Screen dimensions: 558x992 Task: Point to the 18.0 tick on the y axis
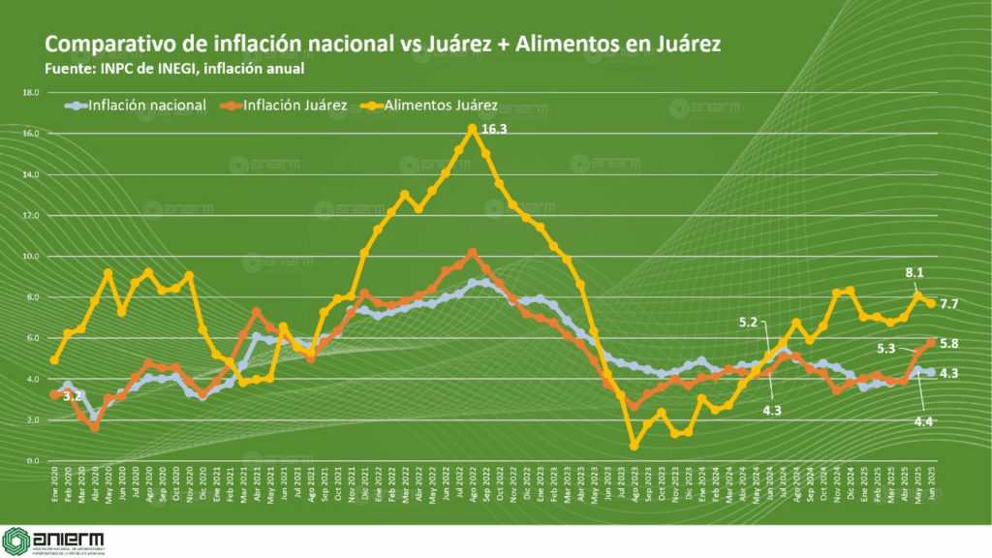tap(31, 93)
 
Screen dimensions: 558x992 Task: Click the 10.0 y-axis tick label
tap(31, 257)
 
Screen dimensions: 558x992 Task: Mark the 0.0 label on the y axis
tap(32, 461)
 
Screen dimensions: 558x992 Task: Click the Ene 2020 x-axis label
tap(54, 478)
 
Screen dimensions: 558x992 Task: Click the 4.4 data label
tap(924, 420)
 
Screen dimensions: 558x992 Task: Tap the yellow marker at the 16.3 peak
tap(472, 128)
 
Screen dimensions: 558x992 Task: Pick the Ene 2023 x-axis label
tap(541, 478)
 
